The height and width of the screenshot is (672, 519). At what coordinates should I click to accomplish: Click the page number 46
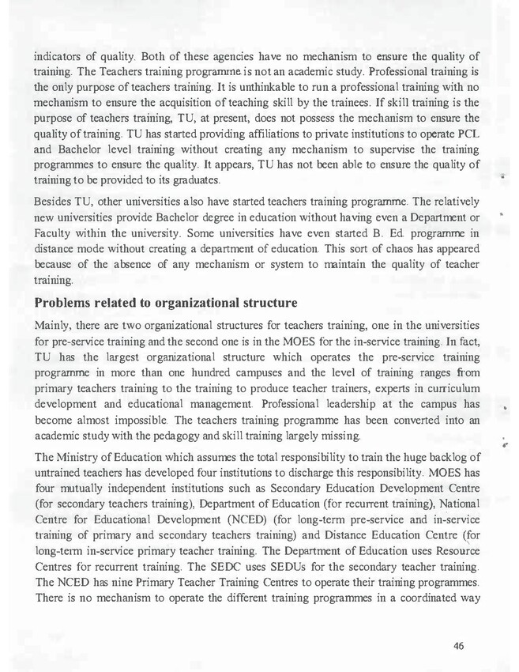point(458,646)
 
